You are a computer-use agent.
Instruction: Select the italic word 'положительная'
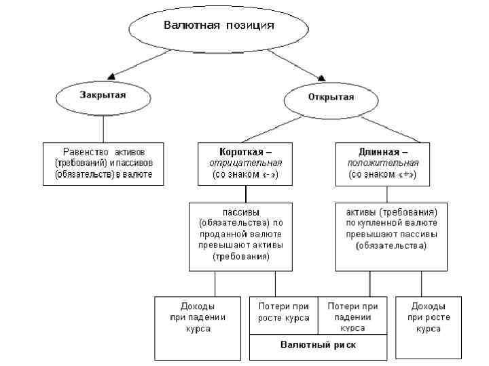(383, 163)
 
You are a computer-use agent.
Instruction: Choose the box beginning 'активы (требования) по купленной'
(391, 235)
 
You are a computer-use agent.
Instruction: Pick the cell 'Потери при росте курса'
(283, 313)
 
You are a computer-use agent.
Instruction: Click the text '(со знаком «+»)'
(382, 174)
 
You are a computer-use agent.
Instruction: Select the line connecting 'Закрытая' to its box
(103, 127)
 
